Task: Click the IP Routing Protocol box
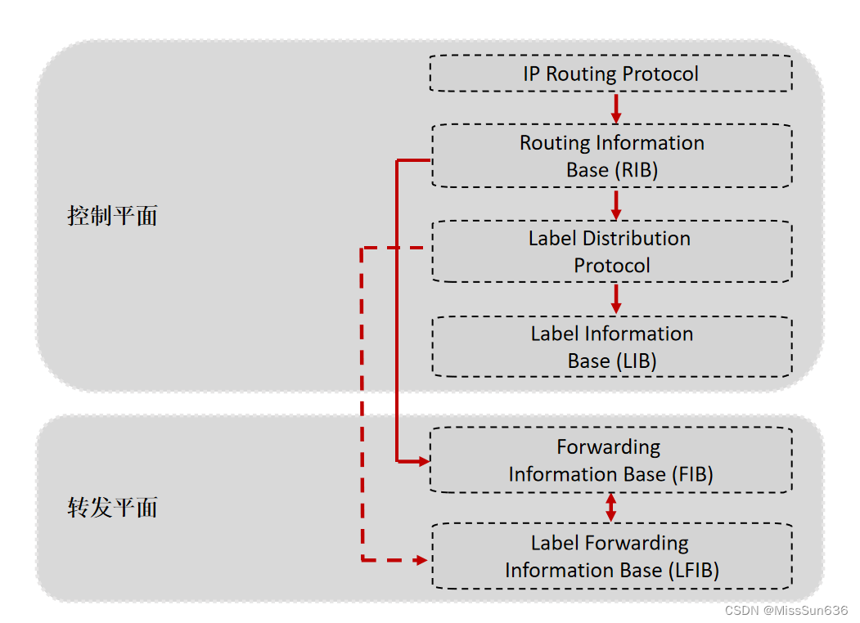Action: tap(610, 74)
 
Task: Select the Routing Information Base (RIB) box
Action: tap(610, 156)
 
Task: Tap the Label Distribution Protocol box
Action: tap(610, 252)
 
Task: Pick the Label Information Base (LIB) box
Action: tap(610, 347)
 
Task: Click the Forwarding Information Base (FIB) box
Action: tap(610, 460)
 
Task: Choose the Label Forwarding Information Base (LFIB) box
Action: tap(610, 556)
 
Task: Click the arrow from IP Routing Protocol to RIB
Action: tap(616, 107)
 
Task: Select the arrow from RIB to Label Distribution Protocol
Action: tap(616, 204)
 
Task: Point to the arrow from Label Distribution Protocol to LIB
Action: tap(616, 298)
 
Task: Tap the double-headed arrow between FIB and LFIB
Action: tap(610, 508)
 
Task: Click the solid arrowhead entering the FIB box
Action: tap(423, 462)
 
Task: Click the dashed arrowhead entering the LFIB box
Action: tap(421, 560)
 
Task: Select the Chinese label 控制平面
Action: tap(112, 217)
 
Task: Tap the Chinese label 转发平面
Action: tap(112, 508)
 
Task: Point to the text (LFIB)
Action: tap(692, 571)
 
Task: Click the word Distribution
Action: tap(637, 239)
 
